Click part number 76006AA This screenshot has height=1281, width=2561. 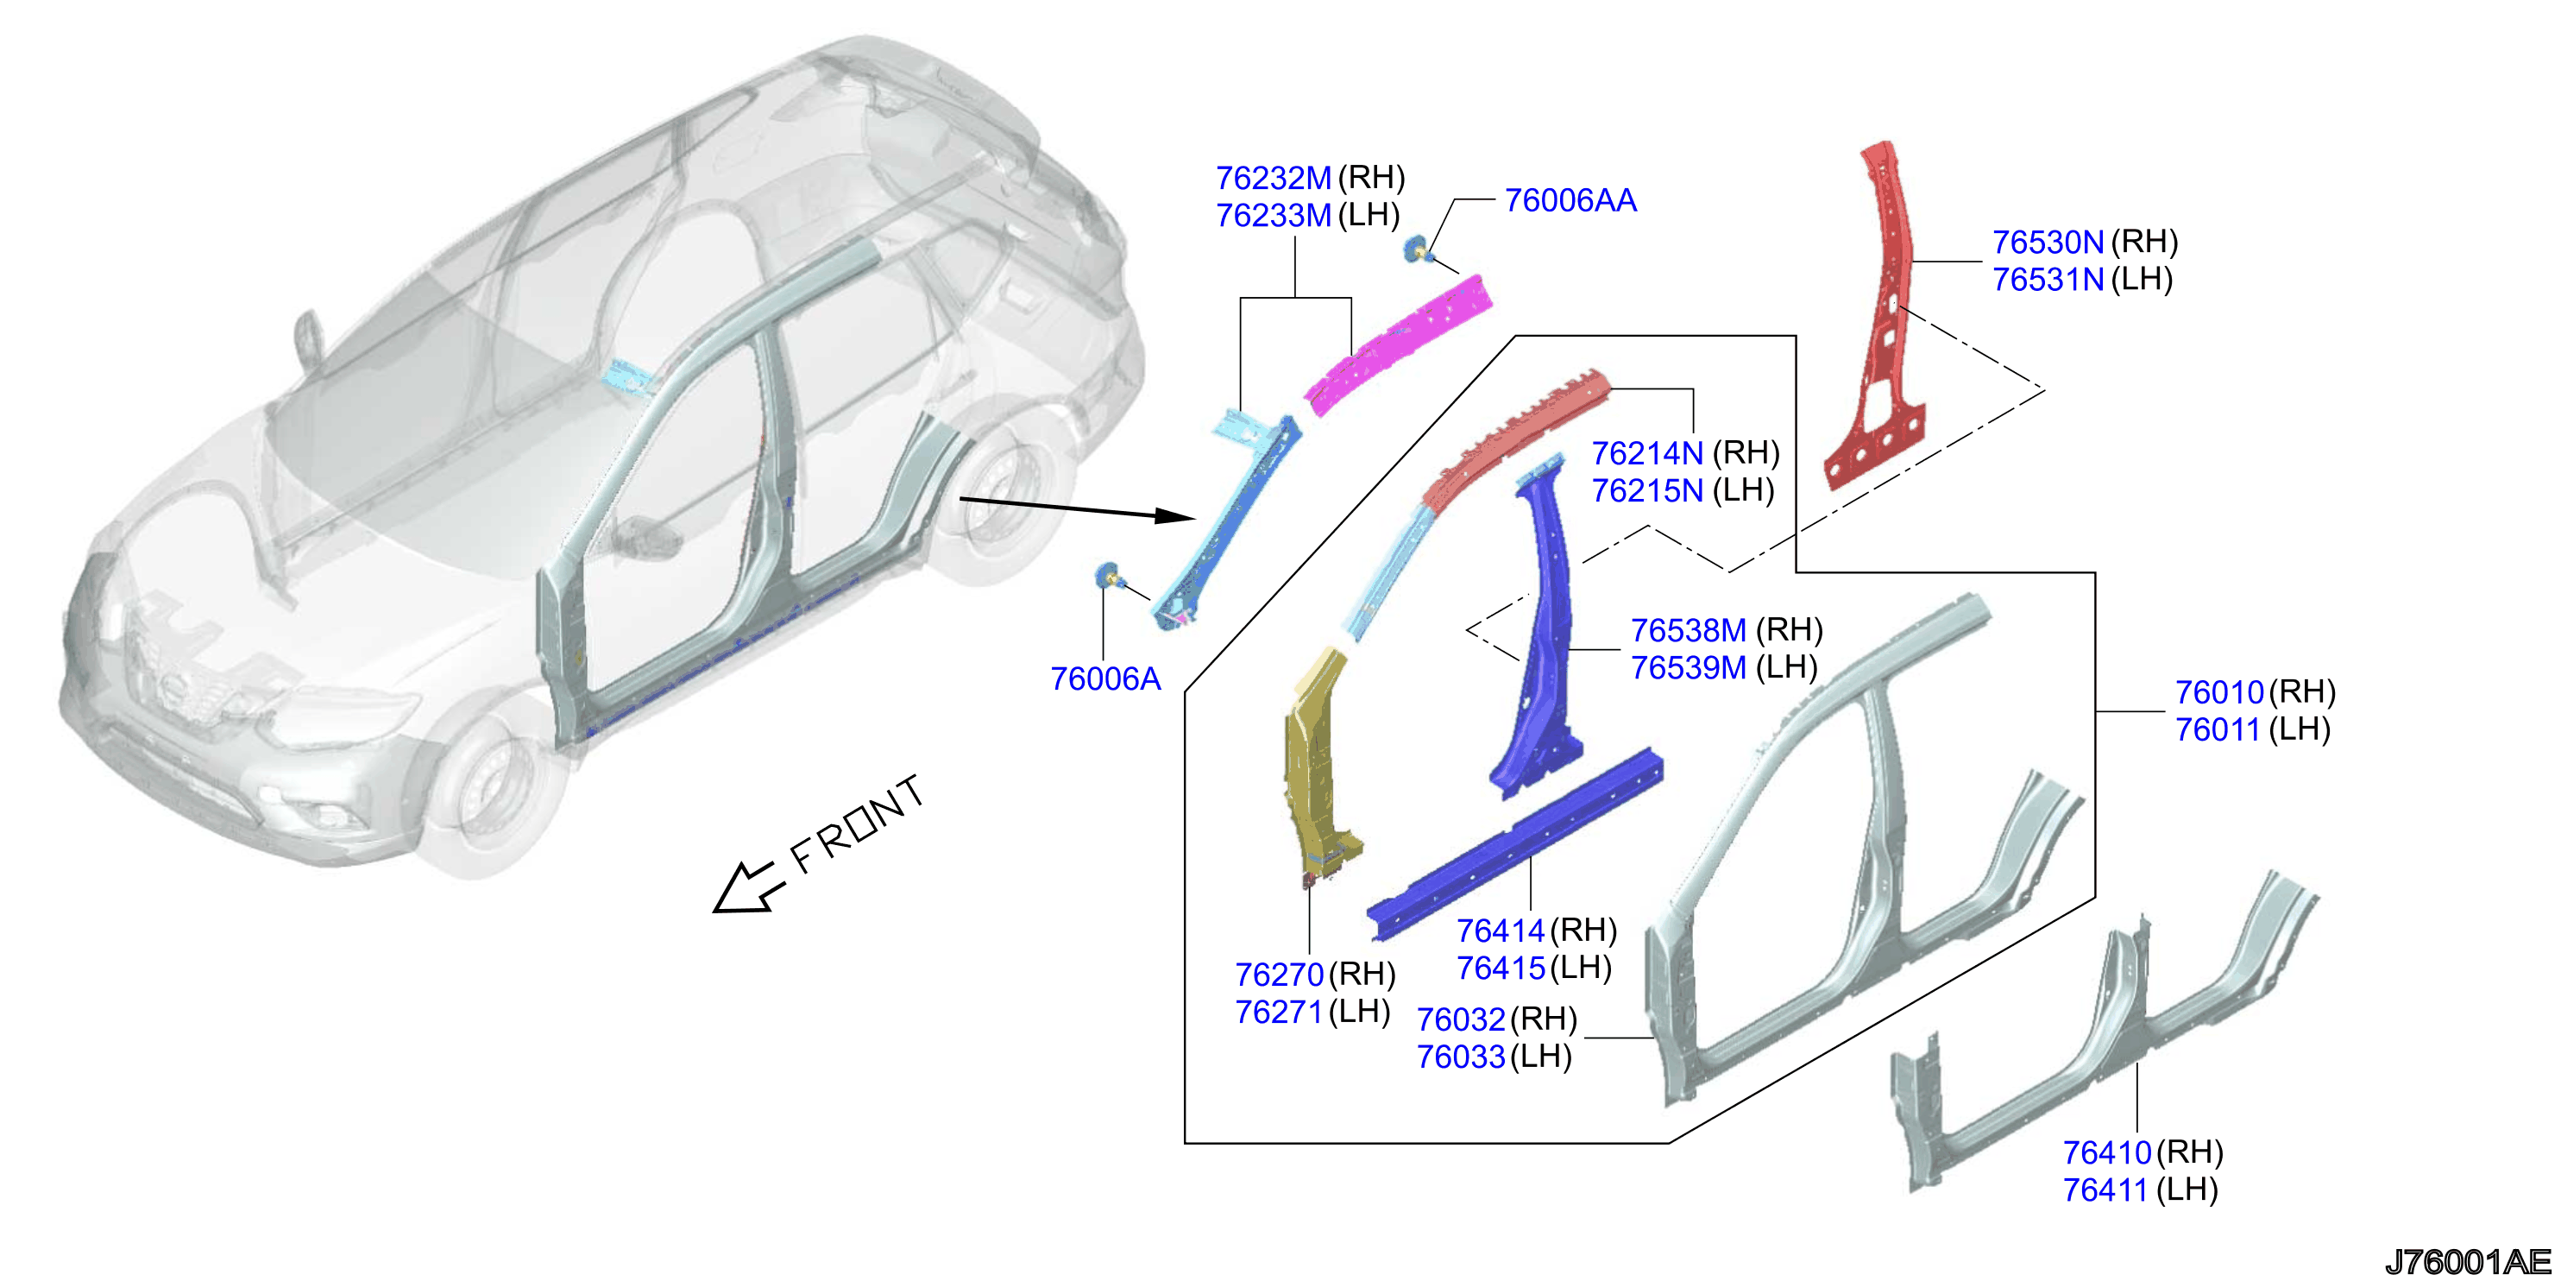[1570, 201]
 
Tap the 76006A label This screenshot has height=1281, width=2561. [1105, 679]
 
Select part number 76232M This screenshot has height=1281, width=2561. [1274, 178]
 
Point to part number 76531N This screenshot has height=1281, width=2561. [2048, 280]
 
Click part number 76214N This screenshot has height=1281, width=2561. [1647, 453]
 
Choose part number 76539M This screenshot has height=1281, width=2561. [1688, 667]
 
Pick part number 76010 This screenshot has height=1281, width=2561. [2219, 692]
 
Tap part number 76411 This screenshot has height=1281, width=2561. [2105, 1189]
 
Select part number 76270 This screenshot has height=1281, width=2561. [1280, 975]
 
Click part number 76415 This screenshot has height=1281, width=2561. [1501, 968]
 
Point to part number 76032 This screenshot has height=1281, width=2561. [1462, 1019]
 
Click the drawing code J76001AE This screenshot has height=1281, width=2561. [2468, 1262]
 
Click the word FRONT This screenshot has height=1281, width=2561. [857, 823]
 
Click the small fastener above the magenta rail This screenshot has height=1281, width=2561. [1418, 249]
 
